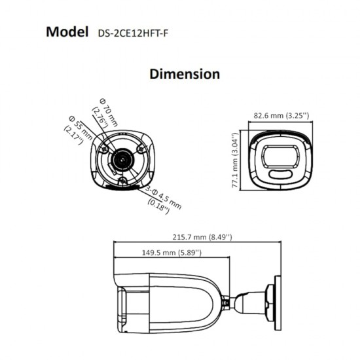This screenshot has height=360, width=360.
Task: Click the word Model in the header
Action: [67, 31]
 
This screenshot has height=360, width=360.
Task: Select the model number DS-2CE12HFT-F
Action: [133, 33]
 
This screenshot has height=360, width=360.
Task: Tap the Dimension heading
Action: [185, 74]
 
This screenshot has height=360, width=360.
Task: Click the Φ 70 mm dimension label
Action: [109, 113]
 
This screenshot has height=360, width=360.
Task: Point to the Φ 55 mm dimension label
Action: [81, 128]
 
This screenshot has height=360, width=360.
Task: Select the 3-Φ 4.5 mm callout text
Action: [164, 197]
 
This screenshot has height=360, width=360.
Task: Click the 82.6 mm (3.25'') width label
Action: [281, 115]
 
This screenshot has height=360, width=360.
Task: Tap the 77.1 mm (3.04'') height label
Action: [236, 160]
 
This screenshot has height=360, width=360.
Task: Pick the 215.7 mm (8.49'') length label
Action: [202, 237]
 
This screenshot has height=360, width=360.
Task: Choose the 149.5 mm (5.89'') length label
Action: [171, 253]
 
